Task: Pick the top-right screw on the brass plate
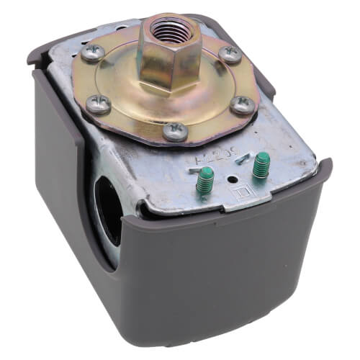coord(230,54)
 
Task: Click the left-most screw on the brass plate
coord(98,104)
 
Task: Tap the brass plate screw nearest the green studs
coord(175,132)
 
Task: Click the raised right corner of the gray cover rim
coord(323,167)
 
